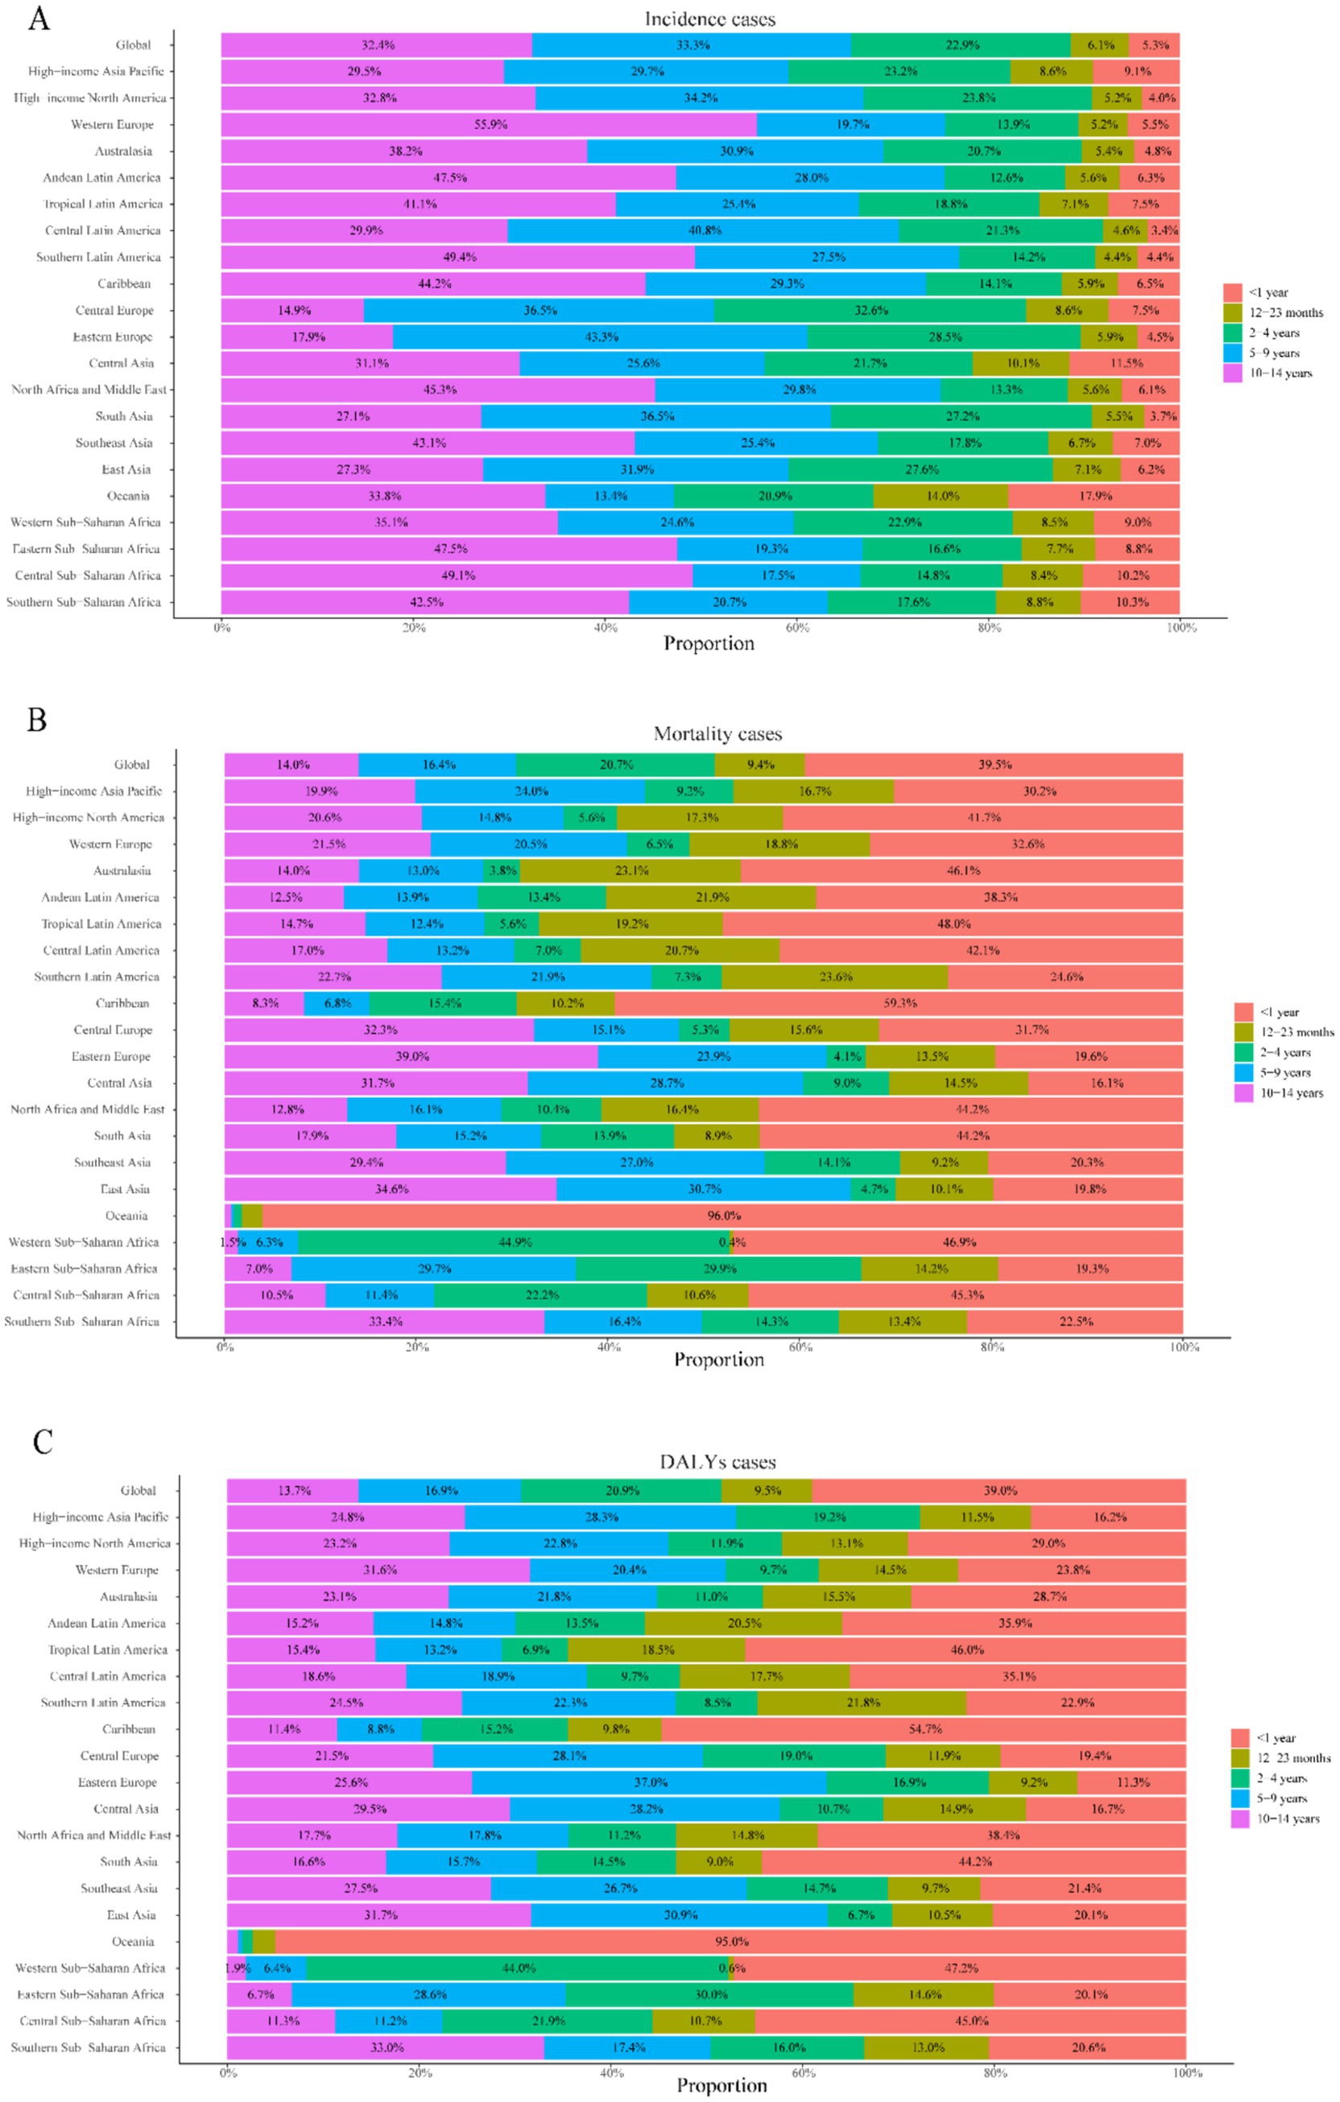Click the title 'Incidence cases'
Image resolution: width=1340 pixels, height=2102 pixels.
[709, 19]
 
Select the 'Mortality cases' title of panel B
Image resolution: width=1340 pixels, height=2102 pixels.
[717, 734]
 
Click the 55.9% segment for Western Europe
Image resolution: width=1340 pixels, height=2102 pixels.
[490, 124]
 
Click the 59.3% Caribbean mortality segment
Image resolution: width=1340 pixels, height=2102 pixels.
[900, 1003]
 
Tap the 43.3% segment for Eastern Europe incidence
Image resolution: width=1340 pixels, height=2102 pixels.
[601, 337]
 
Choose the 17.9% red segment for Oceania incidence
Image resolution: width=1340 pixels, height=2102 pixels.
[1094, 496]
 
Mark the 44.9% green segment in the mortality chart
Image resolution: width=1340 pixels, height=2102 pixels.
[514, 1242]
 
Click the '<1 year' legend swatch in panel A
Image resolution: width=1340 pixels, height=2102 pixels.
[1233, 292]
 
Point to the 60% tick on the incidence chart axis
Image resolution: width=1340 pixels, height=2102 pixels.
[797, 628]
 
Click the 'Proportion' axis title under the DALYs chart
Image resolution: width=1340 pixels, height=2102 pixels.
[721, 2085]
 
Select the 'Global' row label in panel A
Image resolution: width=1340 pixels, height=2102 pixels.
[133, 45]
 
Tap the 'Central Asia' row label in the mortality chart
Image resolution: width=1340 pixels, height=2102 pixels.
[120, 1084]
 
